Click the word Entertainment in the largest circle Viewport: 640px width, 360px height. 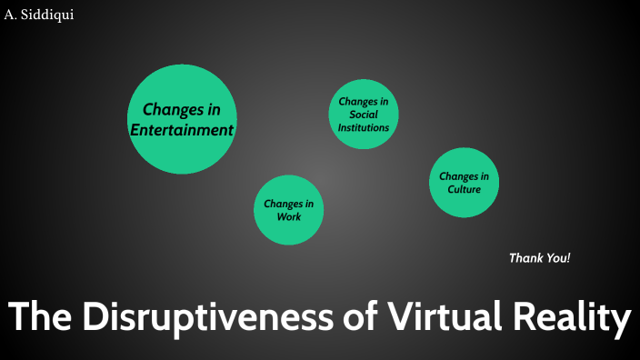(182, 130)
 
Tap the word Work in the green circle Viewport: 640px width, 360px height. (289, 217)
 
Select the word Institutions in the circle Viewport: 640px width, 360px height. (364, 128)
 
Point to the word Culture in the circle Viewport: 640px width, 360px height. (464, 189)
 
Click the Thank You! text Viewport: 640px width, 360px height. (540, 258)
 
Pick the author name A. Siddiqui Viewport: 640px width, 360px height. (39, 14)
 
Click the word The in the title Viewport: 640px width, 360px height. (40, 318)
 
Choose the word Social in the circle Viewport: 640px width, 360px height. (364, 115)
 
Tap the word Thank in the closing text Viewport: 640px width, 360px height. (525, 258)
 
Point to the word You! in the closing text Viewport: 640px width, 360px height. (557, 258)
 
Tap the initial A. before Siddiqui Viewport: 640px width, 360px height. (11, 14)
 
